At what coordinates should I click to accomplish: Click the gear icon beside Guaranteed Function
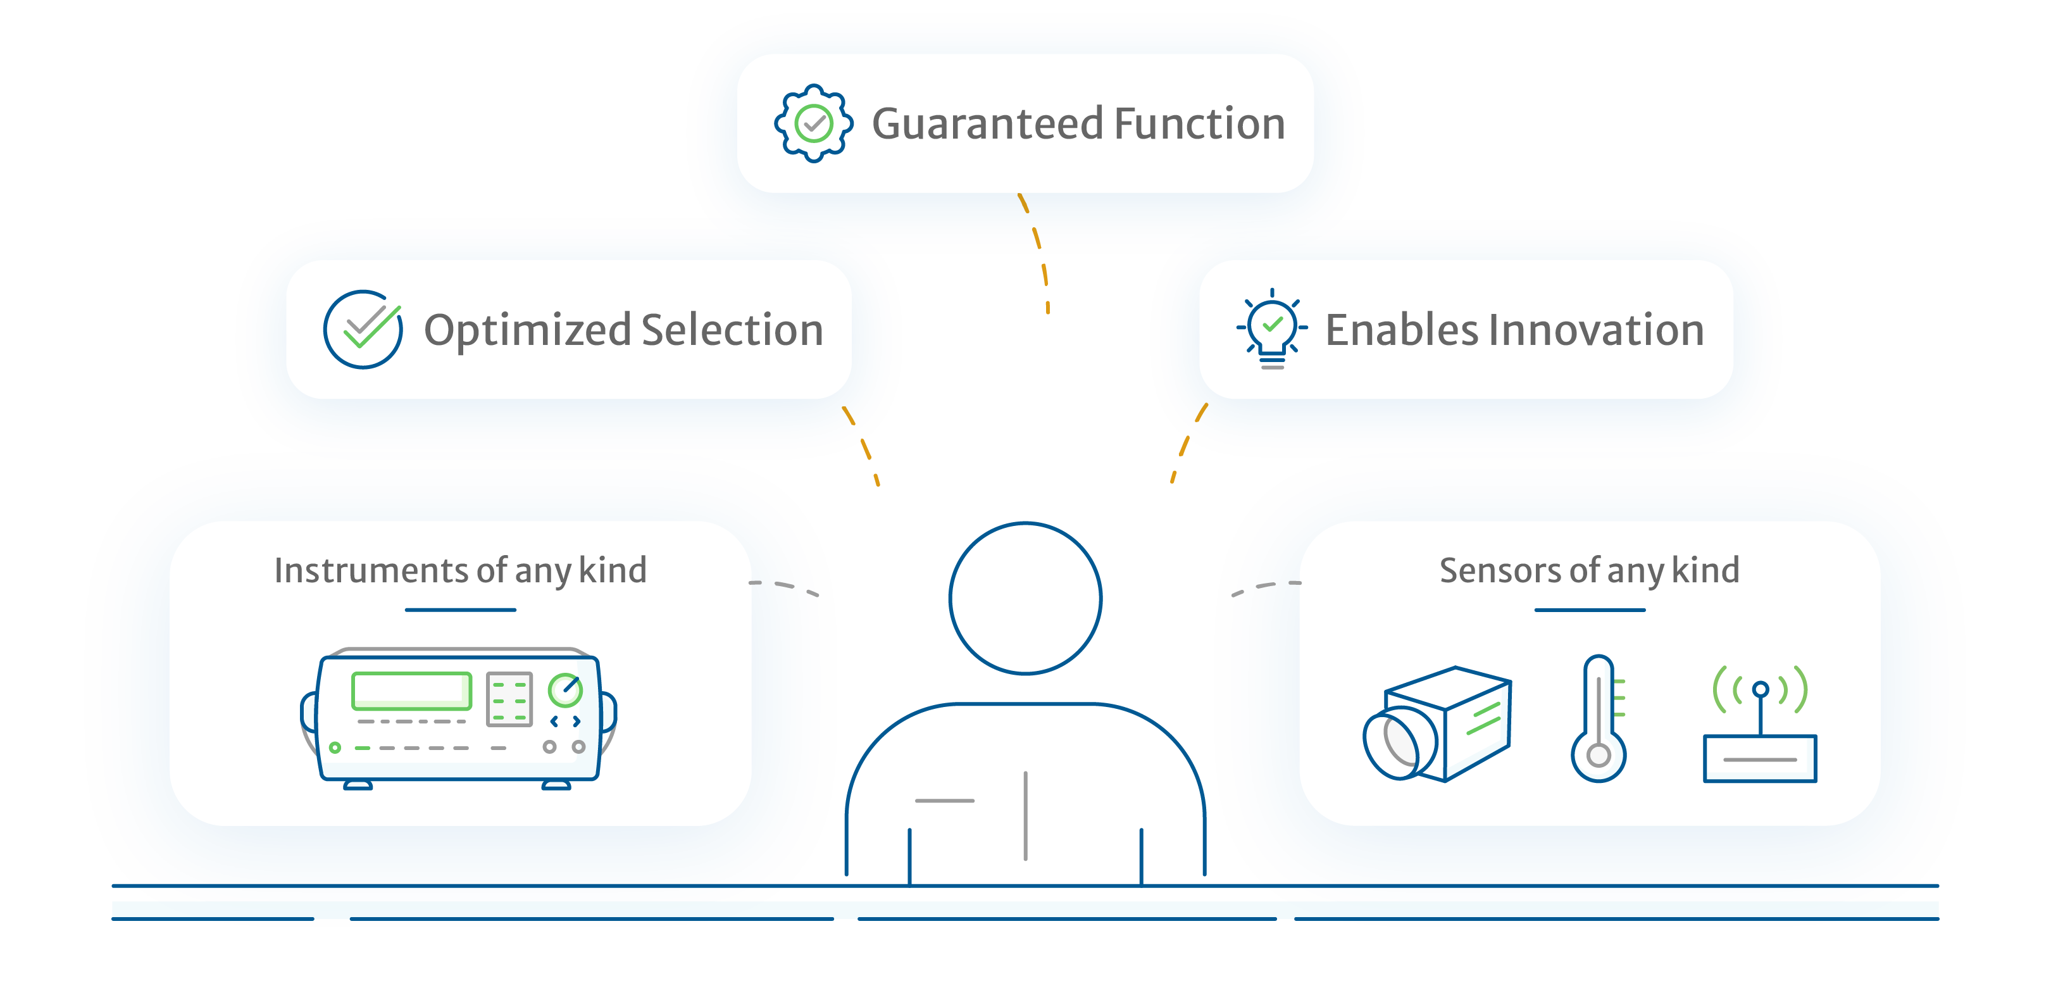(x=814, y=123)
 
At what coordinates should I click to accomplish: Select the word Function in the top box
(x=1200, y=124)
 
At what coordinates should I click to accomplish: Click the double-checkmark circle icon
(x=363, y=328)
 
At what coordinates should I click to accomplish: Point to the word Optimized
(x=527, y=331)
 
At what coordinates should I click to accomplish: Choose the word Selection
(x=733, y=330)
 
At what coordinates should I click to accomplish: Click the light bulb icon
(x=1273, y=328)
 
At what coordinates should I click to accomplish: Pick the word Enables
(x=1401, y=330)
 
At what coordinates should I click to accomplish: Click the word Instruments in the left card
(x=371, y=571)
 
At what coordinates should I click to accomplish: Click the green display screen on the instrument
(x=411, y=690)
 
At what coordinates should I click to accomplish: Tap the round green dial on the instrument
(x=565, y=690)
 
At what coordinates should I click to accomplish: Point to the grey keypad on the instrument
(x=509, y=699)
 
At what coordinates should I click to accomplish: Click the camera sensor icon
(x=1437, y=723)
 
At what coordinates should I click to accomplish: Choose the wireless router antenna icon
(x=1761, y=723)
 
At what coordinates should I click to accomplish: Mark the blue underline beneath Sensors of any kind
(x=1590, y=610)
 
